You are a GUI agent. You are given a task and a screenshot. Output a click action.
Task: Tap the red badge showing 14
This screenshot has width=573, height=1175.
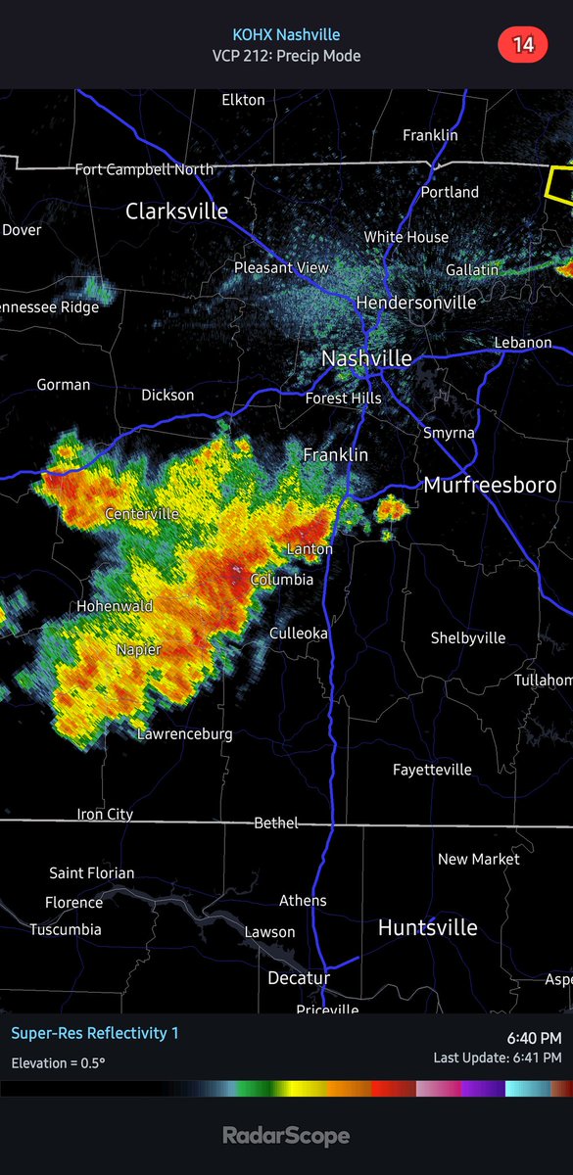[522, 44]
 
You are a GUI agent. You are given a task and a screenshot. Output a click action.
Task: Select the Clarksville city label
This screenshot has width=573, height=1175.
[176, 211]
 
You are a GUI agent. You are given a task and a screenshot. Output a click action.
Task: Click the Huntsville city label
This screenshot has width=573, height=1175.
[428, 927]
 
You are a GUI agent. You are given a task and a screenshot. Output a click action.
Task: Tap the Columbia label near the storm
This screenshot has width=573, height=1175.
[282, 580]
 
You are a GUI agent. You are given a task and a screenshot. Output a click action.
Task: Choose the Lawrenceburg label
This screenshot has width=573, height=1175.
[184, 733]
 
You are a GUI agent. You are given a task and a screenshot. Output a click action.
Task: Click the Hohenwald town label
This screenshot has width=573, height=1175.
[115, 606]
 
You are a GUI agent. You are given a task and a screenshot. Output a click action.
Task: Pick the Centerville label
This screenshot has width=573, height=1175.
[142, 513]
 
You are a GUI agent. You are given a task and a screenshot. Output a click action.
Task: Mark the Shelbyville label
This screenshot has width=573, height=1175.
[468, 637]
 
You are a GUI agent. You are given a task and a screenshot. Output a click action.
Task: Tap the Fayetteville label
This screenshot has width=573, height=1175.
[432, 770]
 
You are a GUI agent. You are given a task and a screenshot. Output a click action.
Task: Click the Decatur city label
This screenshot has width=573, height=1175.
[299, 978]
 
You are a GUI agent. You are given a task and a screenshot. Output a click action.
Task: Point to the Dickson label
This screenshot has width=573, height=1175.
[167, 395]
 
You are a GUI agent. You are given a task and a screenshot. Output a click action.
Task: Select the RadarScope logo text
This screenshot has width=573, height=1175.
[286, 1136]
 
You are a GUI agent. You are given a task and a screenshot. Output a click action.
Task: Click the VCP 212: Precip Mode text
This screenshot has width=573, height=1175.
[286, 56]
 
